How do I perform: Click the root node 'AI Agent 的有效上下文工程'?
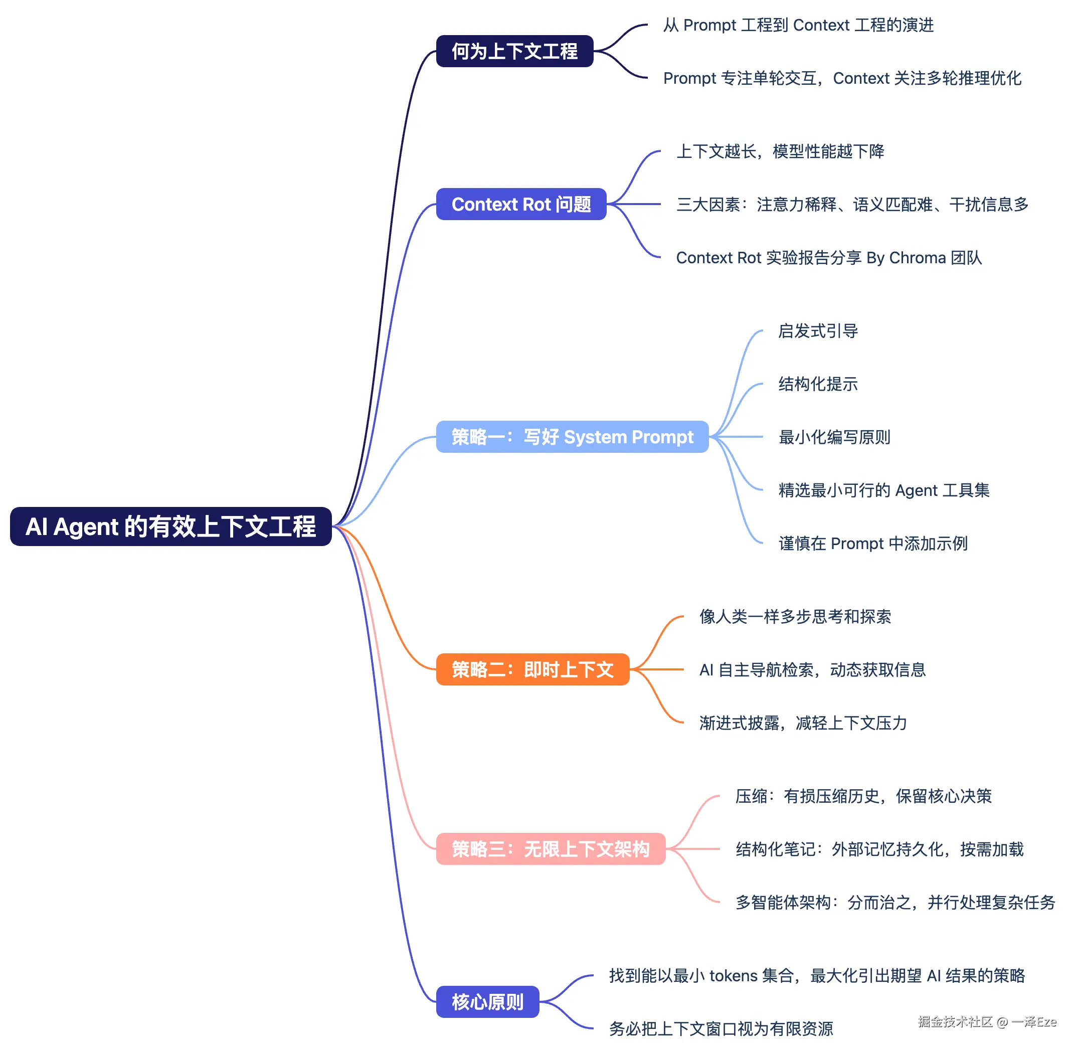(171, 526)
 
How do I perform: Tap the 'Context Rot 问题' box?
(521, 204)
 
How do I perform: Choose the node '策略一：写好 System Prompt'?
(572, 437)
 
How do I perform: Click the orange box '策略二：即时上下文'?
(532, 669)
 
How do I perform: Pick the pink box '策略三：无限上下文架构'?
(551, 849)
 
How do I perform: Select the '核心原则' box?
(488, 1001)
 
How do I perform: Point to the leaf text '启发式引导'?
(818, 331)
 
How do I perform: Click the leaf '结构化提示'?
(818, 384)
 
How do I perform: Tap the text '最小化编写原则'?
(834, 437)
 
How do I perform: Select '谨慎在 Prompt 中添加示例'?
(873, 543)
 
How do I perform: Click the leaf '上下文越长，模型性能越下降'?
(780, 151)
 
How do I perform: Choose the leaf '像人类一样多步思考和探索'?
(795, 616)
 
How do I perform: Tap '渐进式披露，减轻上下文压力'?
(803, 722)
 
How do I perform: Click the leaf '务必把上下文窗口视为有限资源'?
(721, 1028)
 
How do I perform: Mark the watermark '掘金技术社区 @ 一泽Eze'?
(987, 1021)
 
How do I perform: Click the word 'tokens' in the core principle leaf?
(733, 975)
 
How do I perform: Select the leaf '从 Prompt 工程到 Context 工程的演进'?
(798, 25)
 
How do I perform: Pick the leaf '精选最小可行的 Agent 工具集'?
(883, 490)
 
